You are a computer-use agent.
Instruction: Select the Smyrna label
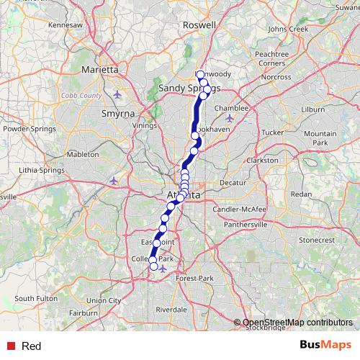115,114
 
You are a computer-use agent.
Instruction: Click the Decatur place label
233,184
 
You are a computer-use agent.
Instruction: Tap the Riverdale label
171,310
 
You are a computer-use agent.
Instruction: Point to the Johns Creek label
287,29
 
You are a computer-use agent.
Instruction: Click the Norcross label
276,76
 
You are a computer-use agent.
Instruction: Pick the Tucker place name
273,132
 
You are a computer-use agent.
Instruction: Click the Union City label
104,300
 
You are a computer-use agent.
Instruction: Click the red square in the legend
9,346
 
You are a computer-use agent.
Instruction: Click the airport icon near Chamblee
230,117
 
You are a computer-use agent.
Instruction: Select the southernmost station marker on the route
153,267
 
